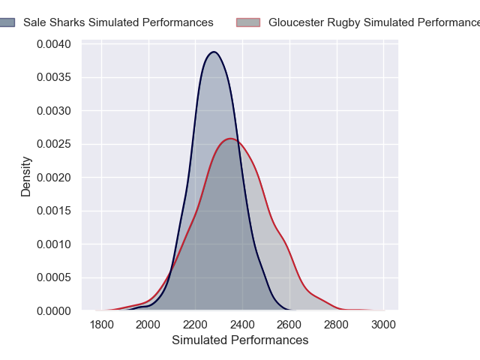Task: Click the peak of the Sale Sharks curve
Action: pyautogui.click(x=214, y=52)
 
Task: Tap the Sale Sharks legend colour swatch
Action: pyautogui.click(x=7, y=22)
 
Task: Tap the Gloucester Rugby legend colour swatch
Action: pyautogui.click(x=250, y=22)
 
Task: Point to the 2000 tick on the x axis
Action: pyautogui.click(x=148, y=325)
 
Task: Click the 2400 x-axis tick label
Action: pyautogui.click(x=242, y=325)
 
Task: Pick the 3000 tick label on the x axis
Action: pyautogui.click(x=383, y=325)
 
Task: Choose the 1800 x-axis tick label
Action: pyautogui.click(x=101, y=325)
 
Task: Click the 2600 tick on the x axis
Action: pyautogui.click(x=289, y=325)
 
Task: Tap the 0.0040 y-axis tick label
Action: pyautogui.click(x=54, y=44)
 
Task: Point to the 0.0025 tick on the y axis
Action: pyautogui.click(x=54, y=144)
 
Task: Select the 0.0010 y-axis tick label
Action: pyautogui.click(x=54, y=244)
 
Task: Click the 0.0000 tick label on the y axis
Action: pyautogui.click(x=54, y=310)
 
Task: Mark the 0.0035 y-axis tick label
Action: pyautogui.click(x=54, y=78)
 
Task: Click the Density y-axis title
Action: pyautogui.click(x=26, y=176)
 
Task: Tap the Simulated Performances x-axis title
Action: pyautogui.click(x=240, y=340)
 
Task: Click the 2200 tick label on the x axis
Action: pyautogui.click(x=195, y=325)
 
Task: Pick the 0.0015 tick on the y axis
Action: pyautogui.click(x=54, y=211)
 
